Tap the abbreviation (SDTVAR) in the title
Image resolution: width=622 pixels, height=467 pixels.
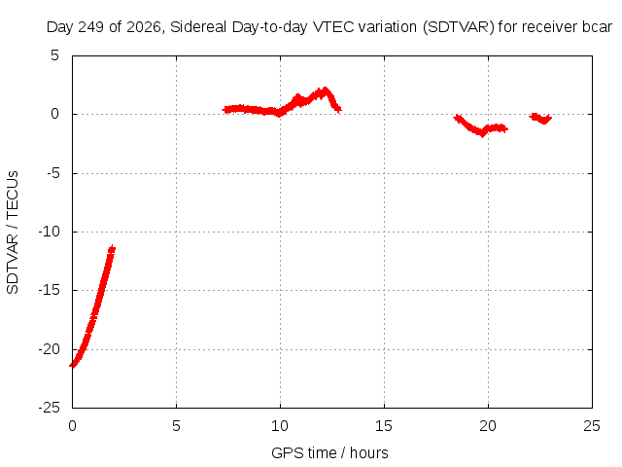[x=458, y=27]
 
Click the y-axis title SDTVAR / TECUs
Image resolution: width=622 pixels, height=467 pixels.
[x=13, y=233]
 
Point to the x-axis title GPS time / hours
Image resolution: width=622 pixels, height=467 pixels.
[x=329, y=452]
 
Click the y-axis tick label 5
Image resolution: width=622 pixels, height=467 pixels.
[x=54, y=55]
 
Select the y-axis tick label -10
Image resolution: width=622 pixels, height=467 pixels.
[x=49, y=232]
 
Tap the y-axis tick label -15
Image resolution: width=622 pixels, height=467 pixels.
[x=49, y=290]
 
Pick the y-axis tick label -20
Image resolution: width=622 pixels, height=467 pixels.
[x=49, y=349]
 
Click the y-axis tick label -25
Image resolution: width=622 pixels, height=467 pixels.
[x=49, y=408]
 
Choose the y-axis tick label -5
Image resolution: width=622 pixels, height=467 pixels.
[x=52, y=173]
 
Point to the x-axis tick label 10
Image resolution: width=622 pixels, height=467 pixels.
[x=280, y=426]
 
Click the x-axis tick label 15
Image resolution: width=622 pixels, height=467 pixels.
[x=384, y=426]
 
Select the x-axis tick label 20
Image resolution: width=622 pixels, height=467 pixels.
[x=488, y=426]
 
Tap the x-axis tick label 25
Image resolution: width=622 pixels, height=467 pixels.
[x=592, y=426]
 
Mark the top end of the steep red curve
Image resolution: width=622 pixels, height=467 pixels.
[x=113, y=248]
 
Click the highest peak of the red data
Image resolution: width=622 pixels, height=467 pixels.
[x=326, y=90]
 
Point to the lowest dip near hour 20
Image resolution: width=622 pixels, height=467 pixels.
[x=482, y=134]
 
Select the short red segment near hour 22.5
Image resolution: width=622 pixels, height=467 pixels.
[x=540, y=118]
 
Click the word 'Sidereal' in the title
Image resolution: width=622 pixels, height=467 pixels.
[x=198, y=27]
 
